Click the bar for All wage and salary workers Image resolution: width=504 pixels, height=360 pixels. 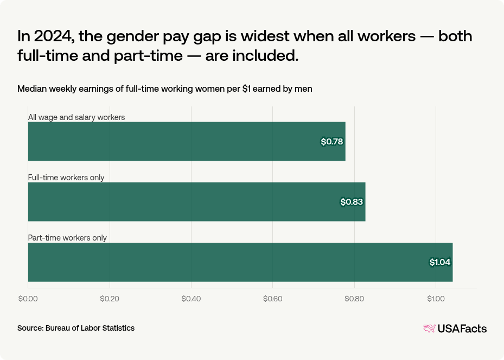pyautogui.click(x=187, y=141)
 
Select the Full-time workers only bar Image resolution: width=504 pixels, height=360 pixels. pyautogui.click(x=196, y=201)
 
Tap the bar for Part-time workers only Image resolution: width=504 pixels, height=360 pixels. pyautogui.click(x=240, y=262)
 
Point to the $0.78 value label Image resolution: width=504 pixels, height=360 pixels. pyautogui.click(x=332, y=142)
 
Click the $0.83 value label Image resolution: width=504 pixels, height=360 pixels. pyautogui.click(x=352, y=202)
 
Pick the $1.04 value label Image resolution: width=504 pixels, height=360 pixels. pyautogui.click(x=440, y=262)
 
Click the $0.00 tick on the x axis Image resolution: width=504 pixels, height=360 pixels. pyautogui.click(x=28, y=299)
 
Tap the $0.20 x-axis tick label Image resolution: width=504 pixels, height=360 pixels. pyautogui.click(x=110, y=299)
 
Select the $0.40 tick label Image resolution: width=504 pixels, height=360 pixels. pyautogui.click(x=191, y=299)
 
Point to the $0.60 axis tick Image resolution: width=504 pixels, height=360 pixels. pyautogui.click(x=272, y=299)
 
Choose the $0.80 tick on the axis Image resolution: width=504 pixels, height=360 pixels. pyautogui.click(x=354, y=299)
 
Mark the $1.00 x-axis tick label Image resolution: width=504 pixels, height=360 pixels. pyautogui.click(x=436, y=299)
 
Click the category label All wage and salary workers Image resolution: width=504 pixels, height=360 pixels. pyautogui.click(x=76, y=117)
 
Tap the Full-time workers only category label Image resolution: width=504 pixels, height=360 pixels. pyautogui.click(x=66, y=178)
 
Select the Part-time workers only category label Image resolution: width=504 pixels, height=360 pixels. pyautogui.click(x=67, y=238)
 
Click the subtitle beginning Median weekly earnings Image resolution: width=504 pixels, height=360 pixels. pyautogui.click(x=164, y=89)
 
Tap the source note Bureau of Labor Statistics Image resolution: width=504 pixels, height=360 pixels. pyautogui.click(x=76, y=328)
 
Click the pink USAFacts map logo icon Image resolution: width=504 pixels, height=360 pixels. pyautogui.click(x=429, y=329)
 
